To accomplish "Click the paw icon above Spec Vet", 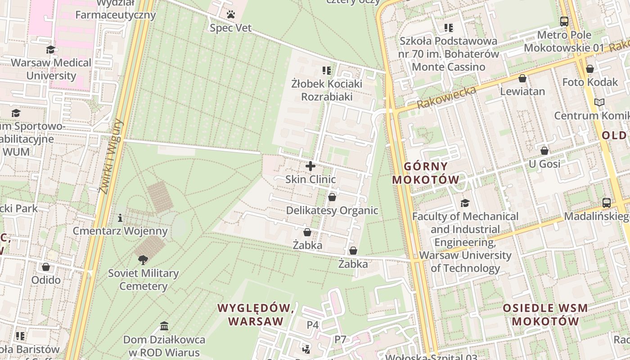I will click(x=231, y=15).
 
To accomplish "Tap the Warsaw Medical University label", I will click(x=51, y=69).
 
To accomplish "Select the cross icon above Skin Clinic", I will click(x=310, y=166).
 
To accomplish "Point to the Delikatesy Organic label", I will click(x=332, y=211).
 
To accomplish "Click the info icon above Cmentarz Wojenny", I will click(x=120, y=218).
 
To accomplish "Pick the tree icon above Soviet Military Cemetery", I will click(x=143, y=260).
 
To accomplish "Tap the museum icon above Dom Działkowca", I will click(x=164, y=326).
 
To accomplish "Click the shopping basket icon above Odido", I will click(x=46, y=267).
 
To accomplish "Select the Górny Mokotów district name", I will click(x=426, y=173).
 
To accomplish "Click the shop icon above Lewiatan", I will click(x=522, y=79).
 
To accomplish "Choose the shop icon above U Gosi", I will click(x=544, y=151).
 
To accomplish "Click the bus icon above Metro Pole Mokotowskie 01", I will click(x=564, y=21).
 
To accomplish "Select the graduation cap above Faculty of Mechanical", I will click(x=465, y=203).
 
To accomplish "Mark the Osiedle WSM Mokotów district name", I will click(x=545, y=315).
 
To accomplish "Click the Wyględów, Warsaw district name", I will click(x=256, y=315).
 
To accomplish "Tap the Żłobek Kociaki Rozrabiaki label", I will click(x=327, y=90).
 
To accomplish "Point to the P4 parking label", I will click(x=313, y=324).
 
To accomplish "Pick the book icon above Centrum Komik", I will click(x=599, y=103).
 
